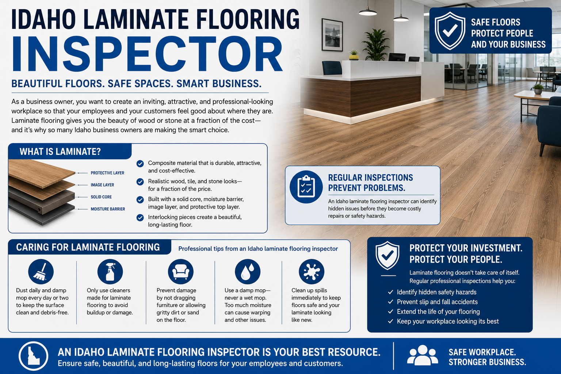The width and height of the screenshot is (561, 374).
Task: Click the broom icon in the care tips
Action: [x=41, y=271]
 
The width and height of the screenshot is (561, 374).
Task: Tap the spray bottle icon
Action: [x=110, y=271]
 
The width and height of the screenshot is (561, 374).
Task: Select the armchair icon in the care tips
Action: [x=180, y=271]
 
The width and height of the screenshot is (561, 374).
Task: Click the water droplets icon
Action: [x=247, y=271]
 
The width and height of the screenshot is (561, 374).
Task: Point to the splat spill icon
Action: [x=312, y=271]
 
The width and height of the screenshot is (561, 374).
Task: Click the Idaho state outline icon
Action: [x=33, y=356]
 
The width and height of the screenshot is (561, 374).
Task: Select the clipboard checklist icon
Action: [x=306, y=187]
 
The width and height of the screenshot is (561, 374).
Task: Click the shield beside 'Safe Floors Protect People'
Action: [x=450, y=31]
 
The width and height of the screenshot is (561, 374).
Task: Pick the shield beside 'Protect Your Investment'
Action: [x=388, y=255]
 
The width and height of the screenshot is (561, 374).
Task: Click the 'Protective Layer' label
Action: [x=107, y=173]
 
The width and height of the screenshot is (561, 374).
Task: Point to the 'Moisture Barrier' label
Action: [x=108, y=209]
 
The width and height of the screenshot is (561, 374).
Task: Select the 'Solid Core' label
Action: [x=101, y=197]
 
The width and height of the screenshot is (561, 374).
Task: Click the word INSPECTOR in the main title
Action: [x=148, y=54]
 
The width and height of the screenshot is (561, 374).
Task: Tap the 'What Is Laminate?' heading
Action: [x=60, y=152]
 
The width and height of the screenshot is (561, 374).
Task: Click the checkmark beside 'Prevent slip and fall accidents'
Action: [x=390, y=302]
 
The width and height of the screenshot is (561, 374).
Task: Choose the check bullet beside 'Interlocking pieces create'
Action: [x=140, y=218]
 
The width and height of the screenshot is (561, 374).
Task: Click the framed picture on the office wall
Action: [x=332, y=35]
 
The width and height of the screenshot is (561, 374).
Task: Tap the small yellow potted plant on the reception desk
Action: [x=354, y=55]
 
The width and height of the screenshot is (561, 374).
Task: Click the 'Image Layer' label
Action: [x=102, y=185]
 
